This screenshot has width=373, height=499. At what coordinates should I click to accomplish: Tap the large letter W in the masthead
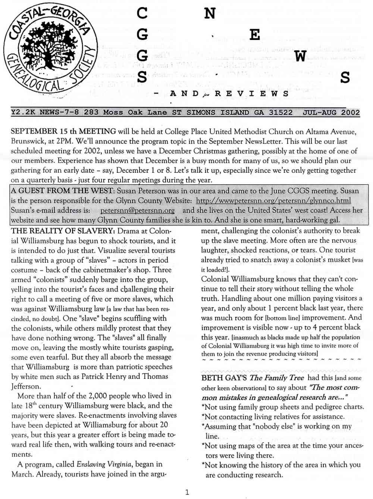pos(300,56)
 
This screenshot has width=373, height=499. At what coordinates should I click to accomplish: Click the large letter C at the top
pos(142,13)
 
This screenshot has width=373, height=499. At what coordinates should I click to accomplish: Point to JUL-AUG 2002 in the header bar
pos(331,112)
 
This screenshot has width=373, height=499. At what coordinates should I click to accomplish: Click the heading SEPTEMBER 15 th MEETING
pos(63,131)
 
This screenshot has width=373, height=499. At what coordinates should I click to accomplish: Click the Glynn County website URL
pos(273,200)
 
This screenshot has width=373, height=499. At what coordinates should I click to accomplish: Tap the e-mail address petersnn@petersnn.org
pos(137,210)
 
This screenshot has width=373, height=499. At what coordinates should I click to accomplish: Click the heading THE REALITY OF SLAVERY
pos(63,231)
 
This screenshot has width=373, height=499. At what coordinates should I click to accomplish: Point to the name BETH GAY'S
pos(224,378)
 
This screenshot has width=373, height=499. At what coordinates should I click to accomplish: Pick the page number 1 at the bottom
pos(187,492)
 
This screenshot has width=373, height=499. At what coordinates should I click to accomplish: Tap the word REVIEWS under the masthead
pos(251,94)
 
